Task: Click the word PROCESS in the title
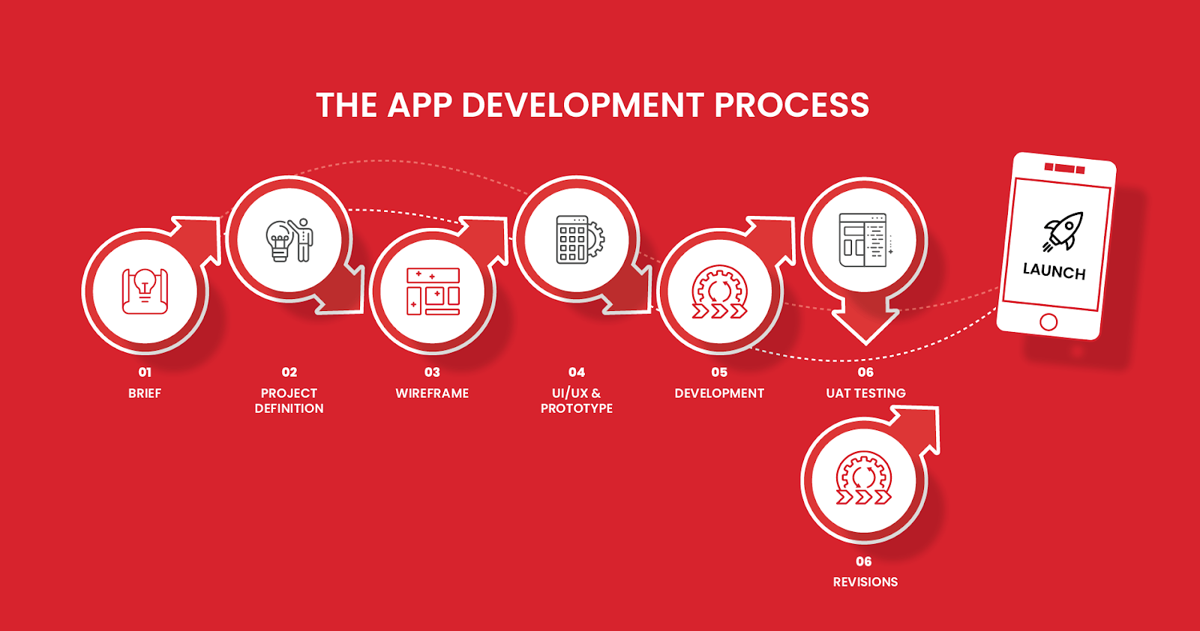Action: click(x=791, y=105)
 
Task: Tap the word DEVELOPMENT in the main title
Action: click(x=582, y=105)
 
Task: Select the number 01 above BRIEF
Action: click(x=145, y=372)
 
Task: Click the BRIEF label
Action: click(x=145, y=393)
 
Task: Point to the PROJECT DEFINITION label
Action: click(x=289, y=401)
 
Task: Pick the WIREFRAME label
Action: click(x=432, y=393)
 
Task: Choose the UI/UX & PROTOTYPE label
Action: click(x=577, y=401)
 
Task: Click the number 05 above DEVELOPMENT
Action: click(x=719, y=372)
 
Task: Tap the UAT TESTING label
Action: click(x=865, y=393)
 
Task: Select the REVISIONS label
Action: click(x=865, y=582)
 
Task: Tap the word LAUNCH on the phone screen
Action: click(x=1054, y=271)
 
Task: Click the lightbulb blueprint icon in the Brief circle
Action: click(x=145, y=291)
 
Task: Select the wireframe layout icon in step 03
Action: click(x=433, y=292)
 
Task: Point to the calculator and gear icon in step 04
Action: click(x=580, y=239)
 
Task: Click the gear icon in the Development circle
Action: click(x=719, y=292)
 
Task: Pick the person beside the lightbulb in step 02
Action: click(x=303, y=240)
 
